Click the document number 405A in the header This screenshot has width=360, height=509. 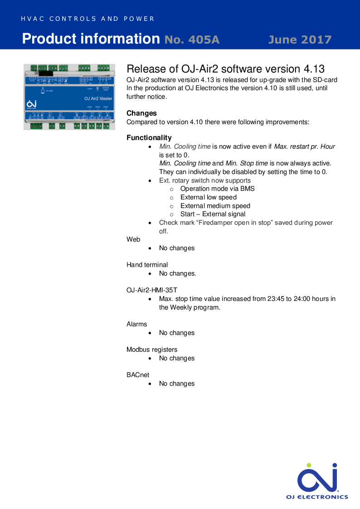[192, 39]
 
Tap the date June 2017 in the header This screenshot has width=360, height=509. [300, 39]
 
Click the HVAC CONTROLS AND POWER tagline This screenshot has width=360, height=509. [88, 19]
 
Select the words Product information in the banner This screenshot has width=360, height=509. [91, 39]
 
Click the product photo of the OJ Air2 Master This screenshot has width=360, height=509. [69, 97]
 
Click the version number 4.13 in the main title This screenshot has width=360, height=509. [313, 69]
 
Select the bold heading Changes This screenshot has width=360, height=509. [141, 113]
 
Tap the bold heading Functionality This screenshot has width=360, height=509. [149, 138]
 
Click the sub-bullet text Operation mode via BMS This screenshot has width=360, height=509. [217, 189]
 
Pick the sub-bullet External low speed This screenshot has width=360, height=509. [208, 197]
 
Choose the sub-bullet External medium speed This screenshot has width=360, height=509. [215, 206]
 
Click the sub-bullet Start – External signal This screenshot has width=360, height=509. [213, 214]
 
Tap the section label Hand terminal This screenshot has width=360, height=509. [147, 265]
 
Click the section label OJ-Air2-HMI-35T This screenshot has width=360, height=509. [155, 290]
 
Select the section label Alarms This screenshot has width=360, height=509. [136, 324]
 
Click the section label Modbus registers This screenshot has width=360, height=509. [152, 349]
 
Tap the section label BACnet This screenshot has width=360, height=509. [138, 375]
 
